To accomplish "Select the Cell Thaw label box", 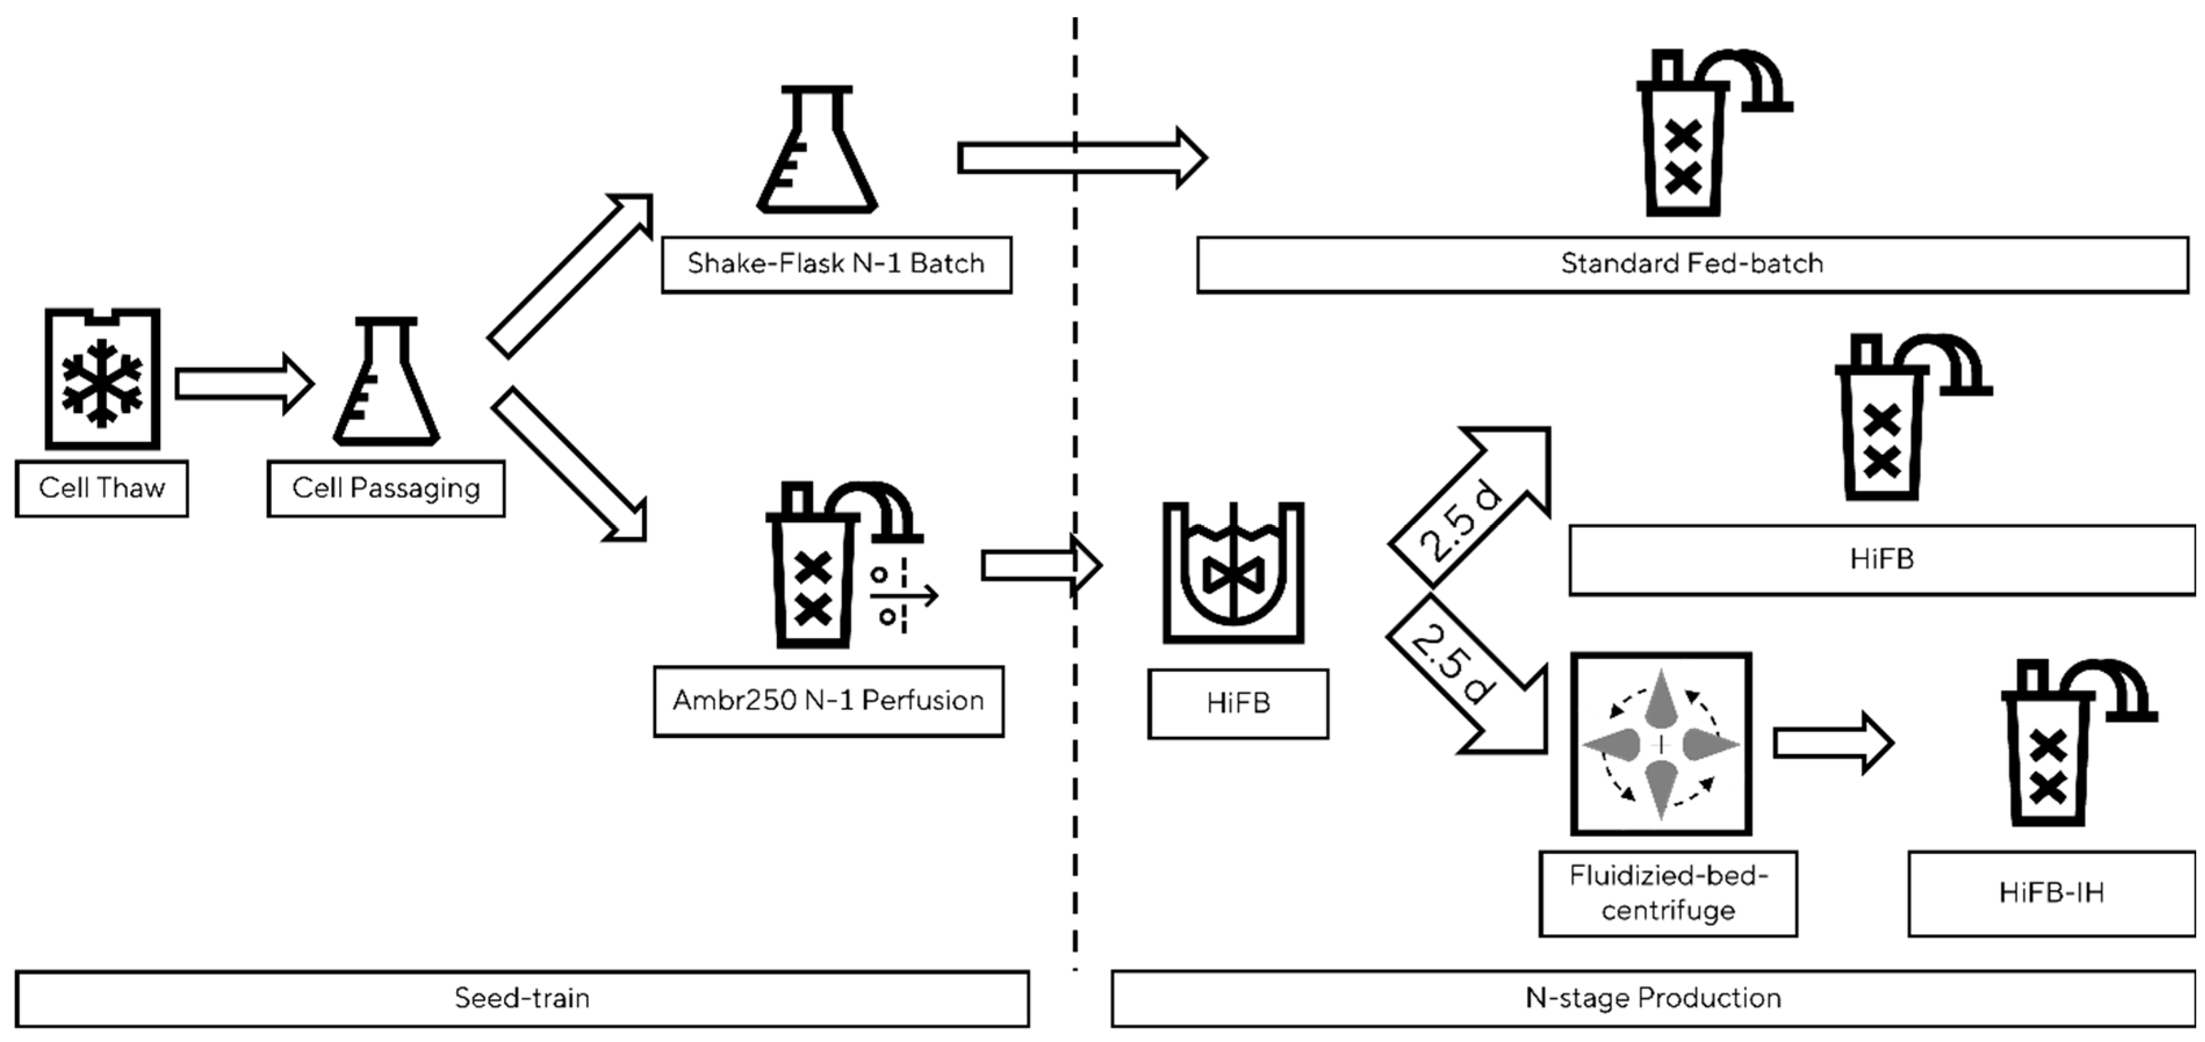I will (x=101, y=489).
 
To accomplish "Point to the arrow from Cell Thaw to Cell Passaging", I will (x=243, y=384).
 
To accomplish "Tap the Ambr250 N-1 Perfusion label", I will (x=828, y=701).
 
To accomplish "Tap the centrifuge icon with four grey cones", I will (x=1660, y=743).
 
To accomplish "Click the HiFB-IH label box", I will (x=2051, y=893).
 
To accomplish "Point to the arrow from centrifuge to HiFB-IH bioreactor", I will (x=1832, y=743).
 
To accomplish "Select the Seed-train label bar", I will (x=521, y=998).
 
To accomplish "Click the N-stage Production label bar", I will (x=1652, y=998).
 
